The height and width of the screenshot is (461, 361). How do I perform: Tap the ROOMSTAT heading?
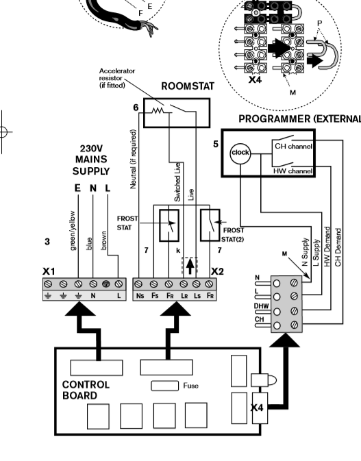pyautogui.click(x=188, y=86)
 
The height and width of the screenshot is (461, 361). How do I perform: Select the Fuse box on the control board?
pyautogui.click(x=164, y=386)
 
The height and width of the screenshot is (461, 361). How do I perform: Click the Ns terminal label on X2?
pyautogui.click(x=140, y=295)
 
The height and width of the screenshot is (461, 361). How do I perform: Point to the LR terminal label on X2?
pyautogui.click(x=184, y=295)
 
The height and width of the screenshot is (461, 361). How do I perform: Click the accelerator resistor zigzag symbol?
pyautogui.click(x=158, y=111)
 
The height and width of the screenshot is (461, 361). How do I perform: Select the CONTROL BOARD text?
pyautogui.click(x=86, y=390)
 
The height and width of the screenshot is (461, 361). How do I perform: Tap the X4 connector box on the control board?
pyautogui.click(x=260, y=408)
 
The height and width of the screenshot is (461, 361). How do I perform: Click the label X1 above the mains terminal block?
pyautogui.click(x=49, y=271)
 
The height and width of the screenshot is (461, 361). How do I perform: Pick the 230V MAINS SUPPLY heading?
pyautogui.click(x=91, y=160)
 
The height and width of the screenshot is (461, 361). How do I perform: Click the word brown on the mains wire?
pyautogui.click(x=103, y=240)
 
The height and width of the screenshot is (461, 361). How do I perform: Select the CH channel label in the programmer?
pyautogui.click(x=293, y=146)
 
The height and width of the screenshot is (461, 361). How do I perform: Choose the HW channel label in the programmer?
pyautogui.click(x=292, y=171)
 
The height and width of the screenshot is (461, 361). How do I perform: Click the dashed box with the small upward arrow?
pyautogui.click(x=190, y=266)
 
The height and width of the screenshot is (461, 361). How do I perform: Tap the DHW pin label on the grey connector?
pyautogui.click(x=262, y=306)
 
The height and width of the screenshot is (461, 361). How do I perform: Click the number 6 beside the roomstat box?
pyautogui.click(x=136, y=108)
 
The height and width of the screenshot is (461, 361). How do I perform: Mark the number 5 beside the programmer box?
pyautogui.click(x=216, y=144)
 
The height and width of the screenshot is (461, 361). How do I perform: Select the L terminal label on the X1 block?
pyautogui.click(x=119, y=296)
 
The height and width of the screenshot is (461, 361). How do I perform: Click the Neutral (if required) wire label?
pyautogui.click(x=133, y=159)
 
